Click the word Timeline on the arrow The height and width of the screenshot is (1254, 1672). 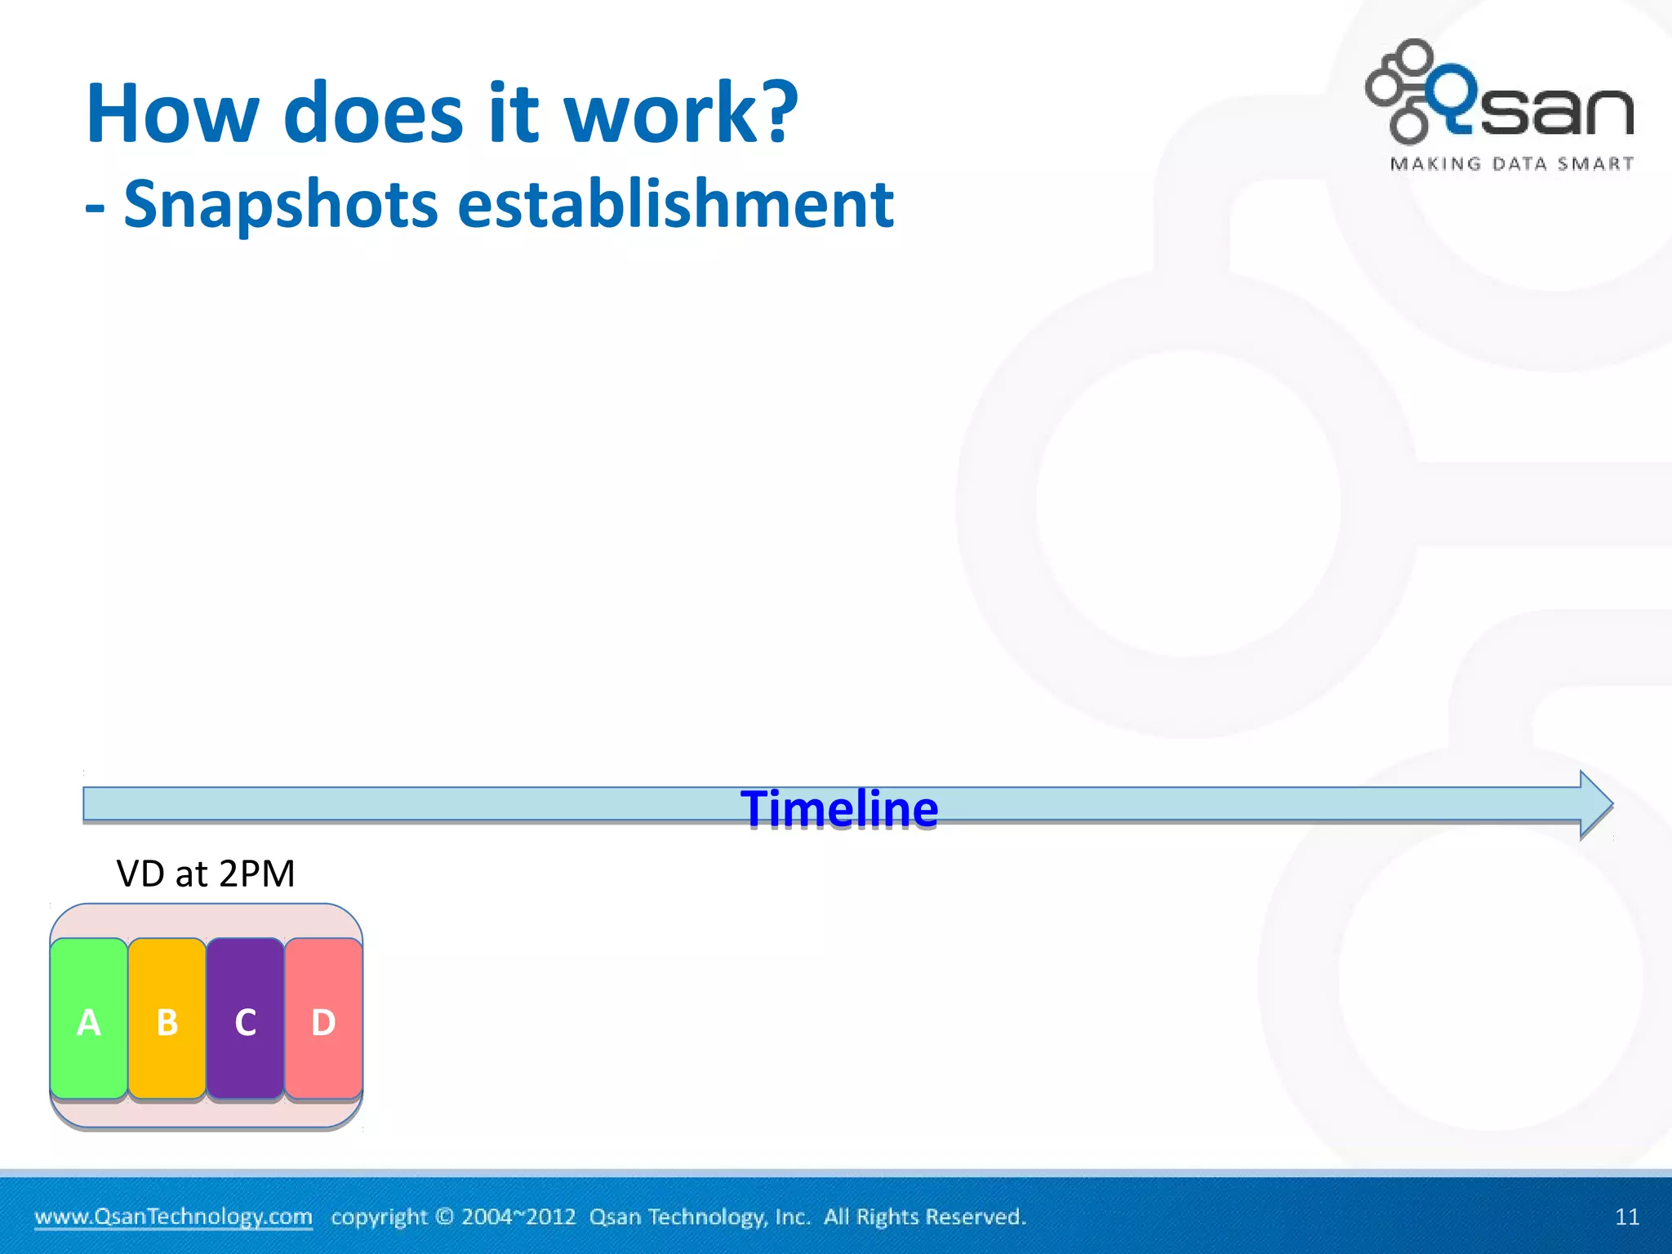coord(839,809)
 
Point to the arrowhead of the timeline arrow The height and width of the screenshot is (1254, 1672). coord(1596,804)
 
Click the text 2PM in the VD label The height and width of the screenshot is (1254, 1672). coord(256,874)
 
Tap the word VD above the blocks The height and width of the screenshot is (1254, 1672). coord(140,874)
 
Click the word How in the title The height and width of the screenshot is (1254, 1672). coord(172,114)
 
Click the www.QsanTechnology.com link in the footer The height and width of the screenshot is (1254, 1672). coord(173,1216)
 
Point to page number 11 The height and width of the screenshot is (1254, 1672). coord(1626,1217)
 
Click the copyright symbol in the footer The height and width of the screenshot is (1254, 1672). coord(444,1216)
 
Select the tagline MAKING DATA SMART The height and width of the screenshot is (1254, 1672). coord(1512,164)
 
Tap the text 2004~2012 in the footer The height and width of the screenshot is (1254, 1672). coord(518,1216)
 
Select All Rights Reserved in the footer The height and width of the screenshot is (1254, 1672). coord(924,1216)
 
